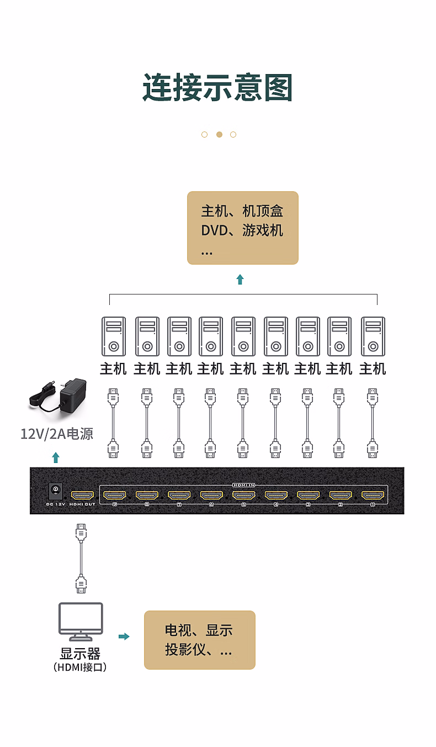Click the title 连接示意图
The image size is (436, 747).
tap(217, 87)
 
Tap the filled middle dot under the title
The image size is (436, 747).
tap(219, 134)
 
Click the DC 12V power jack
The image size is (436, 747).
tap(55, 490)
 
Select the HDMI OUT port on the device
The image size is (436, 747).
tap(83, 495)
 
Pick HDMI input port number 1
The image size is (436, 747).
tap(373, 495)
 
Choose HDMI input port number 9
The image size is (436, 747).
tap(115, 495)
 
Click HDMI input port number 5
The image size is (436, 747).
tap(243, 495)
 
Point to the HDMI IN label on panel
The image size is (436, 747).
tap(243, 485)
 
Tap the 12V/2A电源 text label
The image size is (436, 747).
tap(57, 434)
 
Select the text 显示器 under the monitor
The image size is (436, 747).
tap(81, 654)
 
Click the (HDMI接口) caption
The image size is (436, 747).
tap(81, 667)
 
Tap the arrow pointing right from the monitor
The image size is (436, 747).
tap(124, 636)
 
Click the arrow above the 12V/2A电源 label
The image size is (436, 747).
tap(55, 457)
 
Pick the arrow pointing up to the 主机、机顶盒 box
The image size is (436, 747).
tap(240, 279)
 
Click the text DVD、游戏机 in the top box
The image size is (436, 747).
tap(242, 230)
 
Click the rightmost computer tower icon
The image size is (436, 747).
tap(373, 336)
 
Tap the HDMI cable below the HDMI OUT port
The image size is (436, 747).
tap(81, 559)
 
